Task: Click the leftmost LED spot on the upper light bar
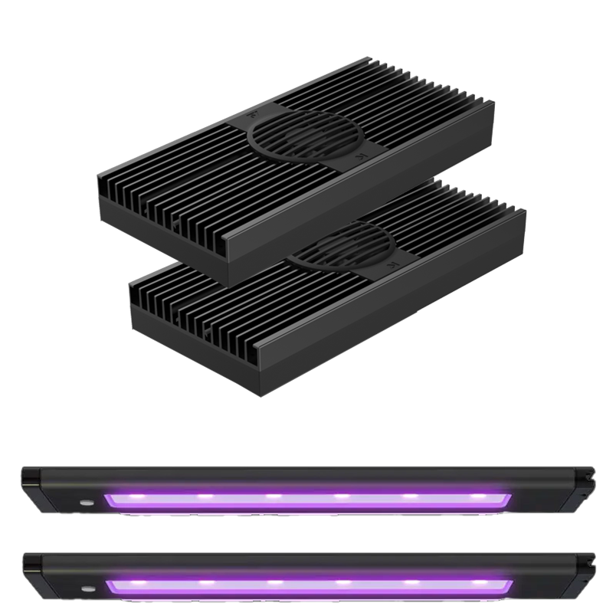137,496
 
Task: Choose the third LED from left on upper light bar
272,497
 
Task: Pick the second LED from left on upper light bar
204,496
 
